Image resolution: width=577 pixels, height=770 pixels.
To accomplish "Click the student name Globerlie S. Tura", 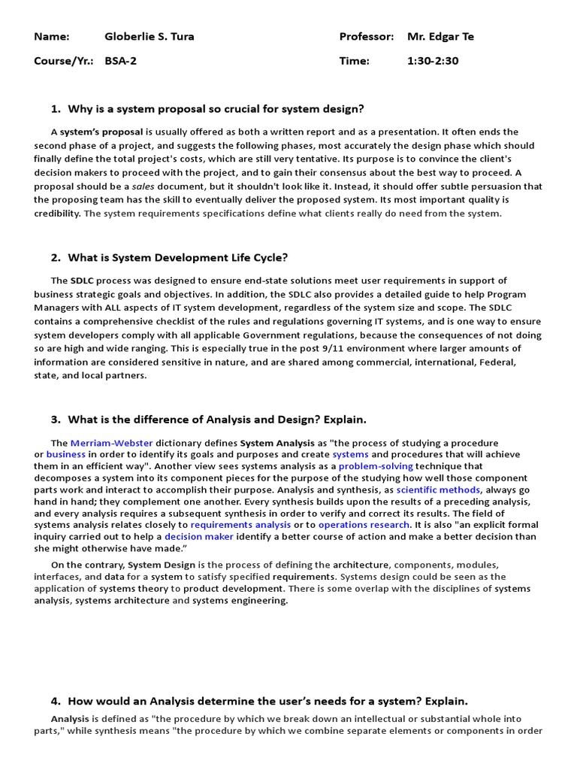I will pyautogui.click(x=149, y=36).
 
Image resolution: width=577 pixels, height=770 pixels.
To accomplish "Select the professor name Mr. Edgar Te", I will pyautogui.click(x=440, y=36).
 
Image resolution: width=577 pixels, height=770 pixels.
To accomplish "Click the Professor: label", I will pyautogui.click(x=366, y=36).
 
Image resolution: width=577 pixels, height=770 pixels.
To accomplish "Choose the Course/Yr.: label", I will pyautogui.click(x=64, y=61).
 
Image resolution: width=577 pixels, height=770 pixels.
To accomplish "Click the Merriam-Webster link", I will pyautogui.click(x=105, y=443).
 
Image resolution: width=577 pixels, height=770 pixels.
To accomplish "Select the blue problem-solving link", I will pyautogui.click(x=376, y=466).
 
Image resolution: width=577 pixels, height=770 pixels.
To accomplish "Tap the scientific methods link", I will pyautogui.click(x=438, y=490).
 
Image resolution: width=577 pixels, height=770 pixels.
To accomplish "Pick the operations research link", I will pyautogui.click(x=364, y=524).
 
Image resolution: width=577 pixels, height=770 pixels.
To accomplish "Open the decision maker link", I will pyautogui.click(x=199, y=536).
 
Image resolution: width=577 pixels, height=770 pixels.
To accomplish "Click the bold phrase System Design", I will pyautogui.click(x=155, y=564).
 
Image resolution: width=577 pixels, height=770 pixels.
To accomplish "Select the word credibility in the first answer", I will pyautogui.click(x=57, y=214).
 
